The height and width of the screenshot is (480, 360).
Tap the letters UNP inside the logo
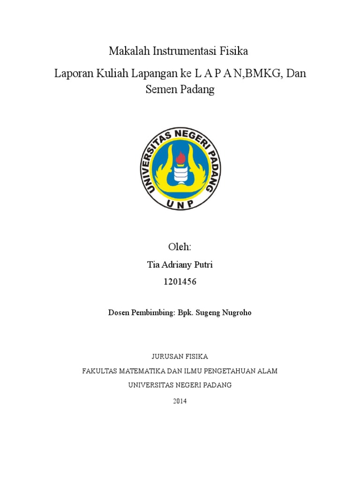tap(180, 203)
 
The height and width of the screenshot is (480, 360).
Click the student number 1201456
tap(180, 282)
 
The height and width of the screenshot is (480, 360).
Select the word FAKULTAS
tap(100, 371)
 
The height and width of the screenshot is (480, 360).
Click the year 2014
tap(180, 401)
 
